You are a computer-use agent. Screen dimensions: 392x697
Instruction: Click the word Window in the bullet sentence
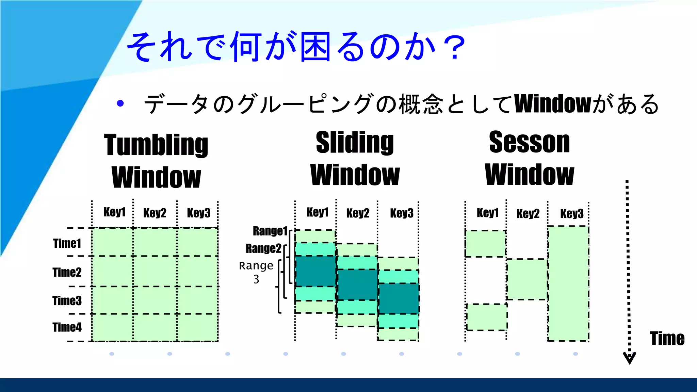coord(553,104)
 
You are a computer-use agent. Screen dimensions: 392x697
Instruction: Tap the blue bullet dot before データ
coord(120,103)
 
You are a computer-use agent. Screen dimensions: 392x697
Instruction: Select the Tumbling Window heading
coord(156,161)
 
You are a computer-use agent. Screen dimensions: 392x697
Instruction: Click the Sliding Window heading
coord(355,159)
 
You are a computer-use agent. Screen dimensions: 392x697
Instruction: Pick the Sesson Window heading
coord(530,159)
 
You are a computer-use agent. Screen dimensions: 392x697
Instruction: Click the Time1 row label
coord(67,243)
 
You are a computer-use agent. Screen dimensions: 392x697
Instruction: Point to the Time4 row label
coord(67,327)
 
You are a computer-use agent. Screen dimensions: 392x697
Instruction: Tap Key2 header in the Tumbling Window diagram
coord(155,213)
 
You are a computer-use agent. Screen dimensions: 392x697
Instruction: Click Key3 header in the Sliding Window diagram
coord(402,213)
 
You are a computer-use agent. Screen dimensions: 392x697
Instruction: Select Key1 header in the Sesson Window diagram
coord(487,213)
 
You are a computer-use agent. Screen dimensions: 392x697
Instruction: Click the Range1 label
coord(270,231)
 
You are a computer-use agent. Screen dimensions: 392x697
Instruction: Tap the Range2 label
coord(263,248)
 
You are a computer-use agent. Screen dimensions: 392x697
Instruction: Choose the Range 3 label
coord(256,272)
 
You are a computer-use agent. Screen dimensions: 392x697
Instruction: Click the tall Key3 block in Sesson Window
coord(568,283)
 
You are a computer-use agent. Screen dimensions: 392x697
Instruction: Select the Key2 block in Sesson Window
coord(527,279)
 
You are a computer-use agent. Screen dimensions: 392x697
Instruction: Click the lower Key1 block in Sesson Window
coord(487,317)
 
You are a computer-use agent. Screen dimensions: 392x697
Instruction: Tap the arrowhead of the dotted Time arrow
coord(630,358)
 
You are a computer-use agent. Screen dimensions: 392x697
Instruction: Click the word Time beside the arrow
coord(667,339)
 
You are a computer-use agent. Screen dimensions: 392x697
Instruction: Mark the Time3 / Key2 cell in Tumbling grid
coord(155,300)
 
